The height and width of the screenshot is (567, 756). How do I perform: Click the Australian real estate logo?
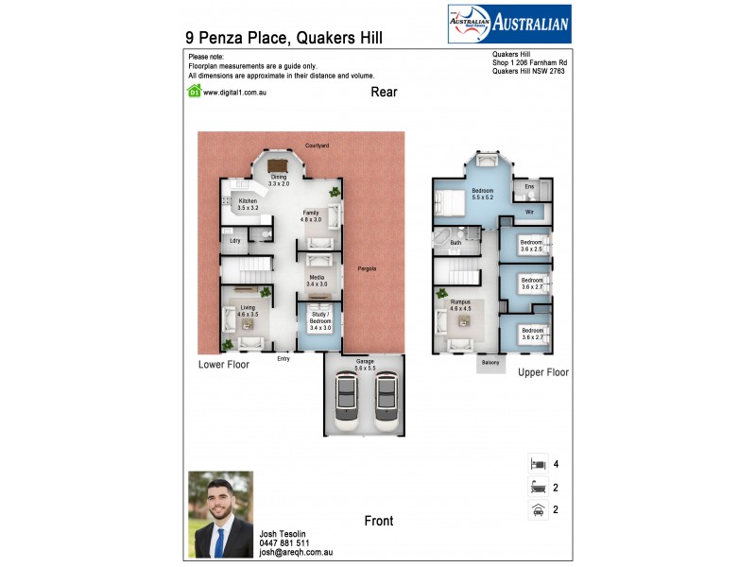tap(508, 24)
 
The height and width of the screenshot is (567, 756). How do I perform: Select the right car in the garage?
tap(384, 399)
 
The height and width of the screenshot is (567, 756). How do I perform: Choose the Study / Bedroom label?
tap(320, 318)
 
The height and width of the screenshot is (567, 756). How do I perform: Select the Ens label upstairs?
tap(529, 187)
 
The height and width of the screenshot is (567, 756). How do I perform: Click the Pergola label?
tap(367, 269)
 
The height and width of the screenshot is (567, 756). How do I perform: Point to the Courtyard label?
tap(317, 146)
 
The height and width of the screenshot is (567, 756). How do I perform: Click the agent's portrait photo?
tap(221, 514)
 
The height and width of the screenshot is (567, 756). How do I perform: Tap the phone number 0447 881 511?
tap(284, 543)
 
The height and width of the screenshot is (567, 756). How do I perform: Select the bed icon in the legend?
tap(537, 465)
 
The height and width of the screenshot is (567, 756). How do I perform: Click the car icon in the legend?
tap(537, 510)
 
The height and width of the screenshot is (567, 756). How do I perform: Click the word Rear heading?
tap(384, 93)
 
